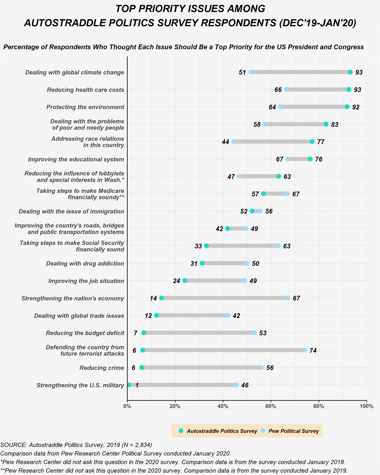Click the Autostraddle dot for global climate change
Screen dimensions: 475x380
coord(350,72)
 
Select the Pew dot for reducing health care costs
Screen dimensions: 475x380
coord(286,90)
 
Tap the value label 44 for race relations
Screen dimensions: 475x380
coord(225,142)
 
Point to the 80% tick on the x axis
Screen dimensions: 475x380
coord(319,406)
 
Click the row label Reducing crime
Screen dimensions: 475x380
coord(102,368)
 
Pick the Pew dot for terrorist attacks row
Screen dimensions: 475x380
coord(304,350)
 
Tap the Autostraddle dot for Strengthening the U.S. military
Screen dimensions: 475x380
coord(129,385)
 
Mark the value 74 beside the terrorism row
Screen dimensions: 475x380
coord(313,351)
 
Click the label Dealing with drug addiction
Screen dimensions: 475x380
coord(85,263)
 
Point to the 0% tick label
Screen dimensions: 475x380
coord(127,406)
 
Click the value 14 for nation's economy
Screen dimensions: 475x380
coord(153,298)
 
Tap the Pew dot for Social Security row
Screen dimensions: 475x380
coord(278,246)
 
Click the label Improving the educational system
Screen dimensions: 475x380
coord(76,159)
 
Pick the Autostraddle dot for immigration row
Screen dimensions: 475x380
coord(252,211)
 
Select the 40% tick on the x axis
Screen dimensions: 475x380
coord(223,406)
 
